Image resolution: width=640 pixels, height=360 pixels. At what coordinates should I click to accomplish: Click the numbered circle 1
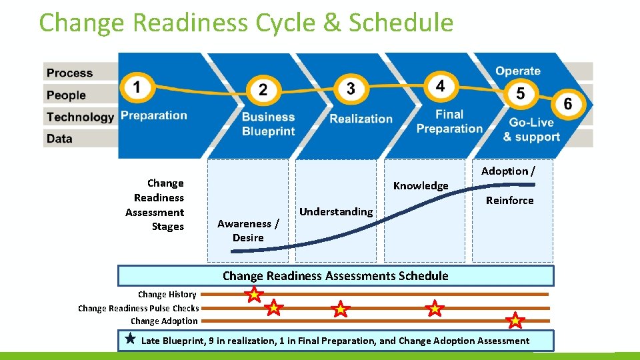137,87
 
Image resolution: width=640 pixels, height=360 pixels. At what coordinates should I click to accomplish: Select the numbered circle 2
263,90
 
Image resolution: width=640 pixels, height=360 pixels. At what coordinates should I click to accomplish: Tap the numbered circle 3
351,89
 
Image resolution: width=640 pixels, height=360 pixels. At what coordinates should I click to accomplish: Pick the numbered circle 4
440,86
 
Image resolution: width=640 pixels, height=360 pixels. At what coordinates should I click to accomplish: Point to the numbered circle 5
520,93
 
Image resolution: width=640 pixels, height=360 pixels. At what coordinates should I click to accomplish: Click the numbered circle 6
567,104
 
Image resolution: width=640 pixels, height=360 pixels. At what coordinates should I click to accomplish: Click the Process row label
70,73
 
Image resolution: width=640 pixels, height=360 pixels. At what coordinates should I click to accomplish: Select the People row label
67,95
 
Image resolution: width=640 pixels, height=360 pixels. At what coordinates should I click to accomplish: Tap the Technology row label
81,117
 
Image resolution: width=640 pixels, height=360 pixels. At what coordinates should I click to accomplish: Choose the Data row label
60,139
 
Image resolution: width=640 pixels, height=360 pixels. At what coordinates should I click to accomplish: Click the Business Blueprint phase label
268,124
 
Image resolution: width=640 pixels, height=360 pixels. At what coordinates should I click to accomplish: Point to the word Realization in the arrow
361,119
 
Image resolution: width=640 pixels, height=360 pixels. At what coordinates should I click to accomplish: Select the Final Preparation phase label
449,121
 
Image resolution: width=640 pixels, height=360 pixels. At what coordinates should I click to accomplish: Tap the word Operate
518,71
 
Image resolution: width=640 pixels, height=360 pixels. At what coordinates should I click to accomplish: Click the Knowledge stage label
421,185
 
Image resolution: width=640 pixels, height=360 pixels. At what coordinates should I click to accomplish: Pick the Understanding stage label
336,211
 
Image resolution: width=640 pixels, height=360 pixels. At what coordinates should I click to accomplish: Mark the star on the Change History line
254,294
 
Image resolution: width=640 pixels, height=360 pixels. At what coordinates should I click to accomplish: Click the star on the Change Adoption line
515,321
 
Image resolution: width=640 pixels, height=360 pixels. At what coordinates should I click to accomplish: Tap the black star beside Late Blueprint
131,339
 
